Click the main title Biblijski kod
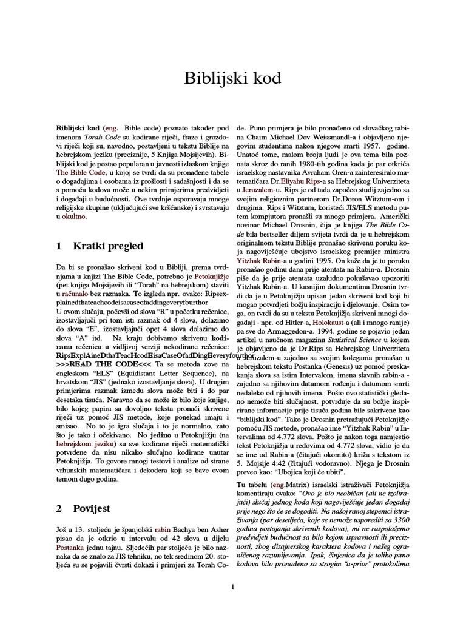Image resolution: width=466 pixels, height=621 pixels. click(x=233, y=79)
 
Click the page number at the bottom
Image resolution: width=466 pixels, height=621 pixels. click(x=232, y=586)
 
